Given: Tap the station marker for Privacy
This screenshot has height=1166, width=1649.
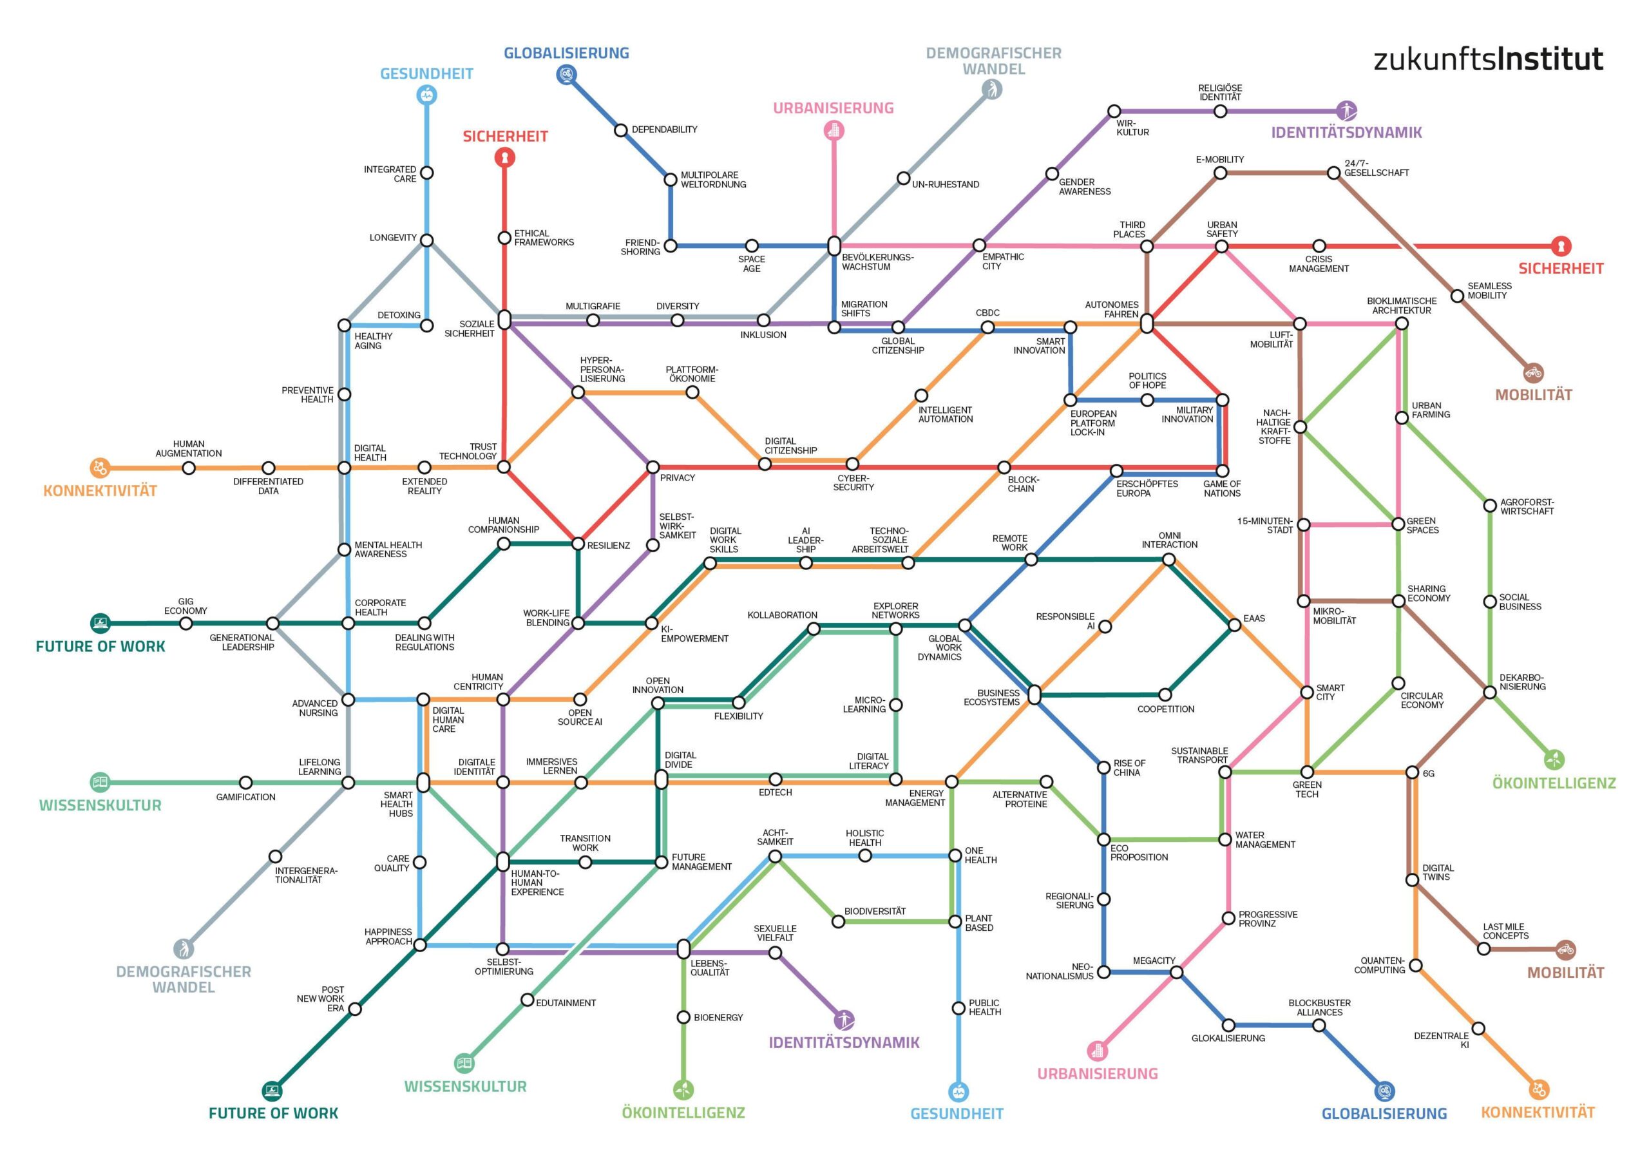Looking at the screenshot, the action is click(653, 467).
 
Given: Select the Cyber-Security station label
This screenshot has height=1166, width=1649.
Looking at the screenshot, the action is click(853, 483).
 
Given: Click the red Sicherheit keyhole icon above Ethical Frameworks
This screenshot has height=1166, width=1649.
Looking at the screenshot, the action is click(505, 157).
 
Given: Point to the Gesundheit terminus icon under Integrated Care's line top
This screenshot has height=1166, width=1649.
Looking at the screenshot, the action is click(426, 94).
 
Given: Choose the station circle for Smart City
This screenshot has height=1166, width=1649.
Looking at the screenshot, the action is click(1307, 693).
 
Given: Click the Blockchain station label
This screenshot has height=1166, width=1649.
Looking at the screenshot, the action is click(1022, 484).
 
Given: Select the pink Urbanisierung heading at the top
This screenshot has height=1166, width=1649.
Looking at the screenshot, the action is click(833, 108).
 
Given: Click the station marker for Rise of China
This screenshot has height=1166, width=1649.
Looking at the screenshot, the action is click(1104, 767).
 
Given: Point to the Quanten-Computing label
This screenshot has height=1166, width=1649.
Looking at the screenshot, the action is click(1379, 965).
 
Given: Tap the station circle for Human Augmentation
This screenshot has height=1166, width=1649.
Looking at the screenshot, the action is click(189, 468).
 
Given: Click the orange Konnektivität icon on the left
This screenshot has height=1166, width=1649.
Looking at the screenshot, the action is click(100, 468).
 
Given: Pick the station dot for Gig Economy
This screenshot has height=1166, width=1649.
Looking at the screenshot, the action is click(186, 623).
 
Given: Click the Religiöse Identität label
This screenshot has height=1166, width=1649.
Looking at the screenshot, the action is click(1219, 93).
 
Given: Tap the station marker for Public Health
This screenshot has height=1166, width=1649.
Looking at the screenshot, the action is click(958, 1009).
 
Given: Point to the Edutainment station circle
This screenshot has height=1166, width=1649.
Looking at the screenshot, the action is click(527, 1000).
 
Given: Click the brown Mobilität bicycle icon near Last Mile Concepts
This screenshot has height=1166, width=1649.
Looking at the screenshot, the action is click(1566, 949).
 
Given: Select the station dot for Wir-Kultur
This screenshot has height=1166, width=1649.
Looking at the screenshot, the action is click(1113, 111).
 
